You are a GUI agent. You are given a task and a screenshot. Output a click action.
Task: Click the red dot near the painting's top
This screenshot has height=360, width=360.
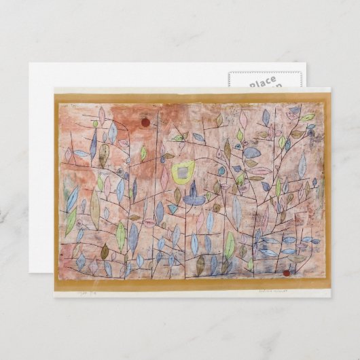[145, 123]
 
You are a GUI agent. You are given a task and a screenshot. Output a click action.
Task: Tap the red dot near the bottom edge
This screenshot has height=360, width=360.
[286, 273]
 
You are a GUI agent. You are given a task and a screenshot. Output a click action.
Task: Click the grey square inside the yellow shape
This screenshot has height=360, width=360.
[183, 174]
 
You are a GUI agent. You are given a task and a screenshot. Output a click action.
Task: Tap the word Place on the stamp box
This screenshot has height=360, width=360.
[262, 82]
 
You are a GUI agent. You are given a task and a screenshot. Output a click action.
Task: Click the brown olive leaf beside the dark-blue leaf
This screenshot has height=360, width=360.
[103, 156]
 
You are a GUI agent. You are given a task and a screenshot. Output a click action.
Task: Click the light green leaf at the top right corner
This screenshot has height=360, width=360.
[308, 118]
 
